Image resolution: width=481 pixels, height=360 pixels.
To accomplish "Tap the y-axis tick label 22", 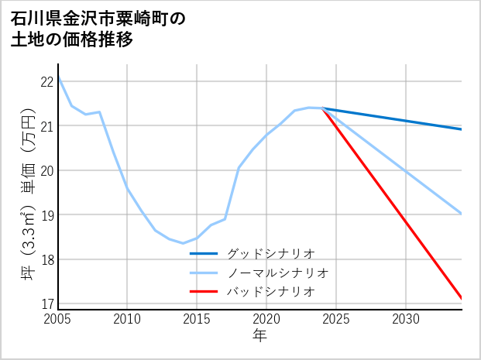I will (x=46, y=81).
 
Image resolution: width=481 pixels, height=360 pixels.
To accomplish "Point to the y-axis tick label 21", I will (x=46, y=126).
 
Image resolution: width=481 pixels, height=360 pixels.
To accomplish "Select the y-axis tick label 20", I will (x=46, y=170).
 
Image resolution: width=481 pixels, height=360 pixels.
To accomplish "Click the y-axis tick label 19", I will (x=46, y=214).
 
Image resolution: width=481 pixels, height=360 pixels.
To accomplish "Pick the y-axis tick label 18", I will (x=46, y=259).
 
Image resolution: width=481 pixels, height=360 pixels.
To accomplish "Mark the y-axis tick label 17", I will (x=46, y=303).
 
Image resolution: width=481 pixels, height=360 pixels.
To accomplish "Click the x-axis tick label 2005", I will (x=58, y=319).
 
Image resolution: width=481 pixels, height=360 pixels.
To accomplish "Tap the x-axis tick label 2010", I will (x=128, y=319).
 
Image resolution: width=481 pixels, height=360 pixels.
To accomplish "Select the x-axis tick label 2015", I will (x=198, y=319).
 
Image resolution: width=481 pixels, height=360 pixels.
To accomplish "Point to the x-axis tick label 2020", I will (x=267, y=319).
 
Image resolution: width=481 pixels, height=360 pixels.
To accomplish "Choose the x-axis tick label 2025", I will (x=337, y=319).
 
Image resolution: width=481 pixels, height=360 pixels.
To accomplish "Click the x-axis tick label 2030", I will (x=407, y=319).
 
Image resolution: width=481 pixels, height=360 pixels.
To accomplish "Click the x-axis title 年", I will (x=260, y=336).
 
